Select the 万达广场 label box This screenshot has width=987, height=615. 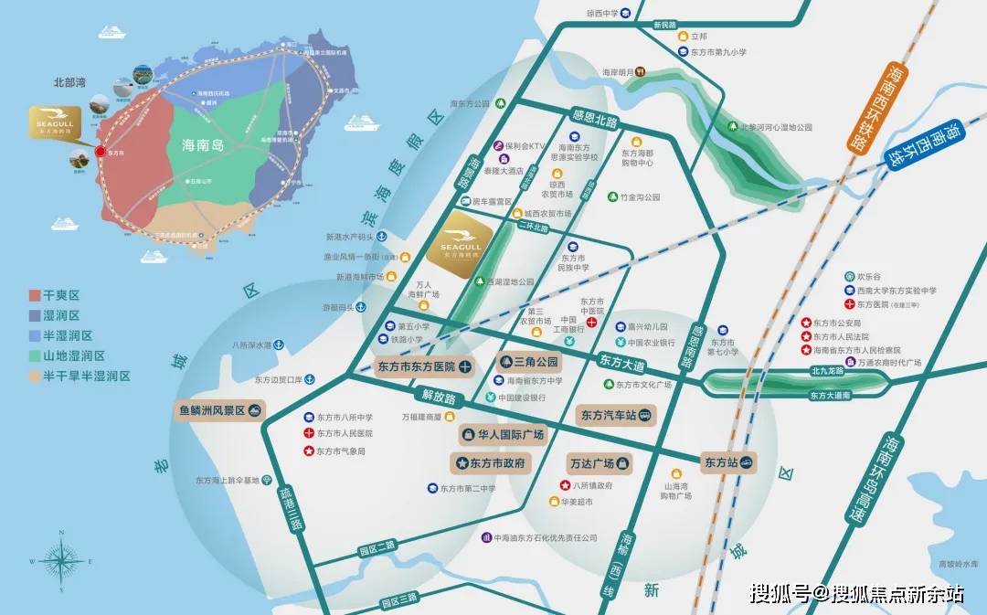(600, 462)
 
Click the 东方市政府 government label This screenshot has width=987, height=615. (492, 463)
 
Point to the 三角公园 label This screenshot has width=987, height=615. (528, 362)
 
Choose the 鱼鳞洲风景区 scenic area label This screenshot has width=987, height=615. (218, 411)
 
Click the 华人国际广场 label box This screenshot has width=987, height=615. (503, 435)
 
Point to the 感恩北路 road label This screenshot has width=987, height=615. (594, 120)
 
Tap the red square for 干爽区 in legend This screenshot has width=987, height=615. (35, 295)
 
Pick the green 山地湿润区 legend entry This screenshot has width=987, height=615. (35, 355)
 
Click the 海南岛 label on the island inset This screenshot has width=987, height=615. (203, 144)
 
